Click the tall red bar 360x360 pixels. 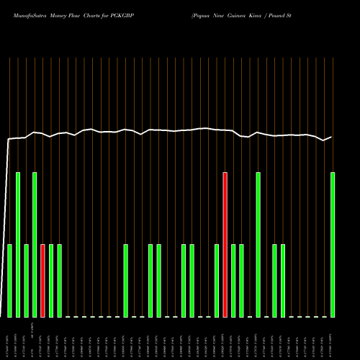[225, 245]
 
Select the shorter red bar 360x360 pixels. [42, 281]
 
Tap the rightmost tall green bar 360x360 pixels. [333, 245]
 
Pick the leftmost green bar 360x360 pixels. [9, 281]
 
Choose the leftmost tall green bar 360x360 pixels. [18, 245]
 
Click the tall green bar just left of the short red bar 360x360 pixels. [35, 245]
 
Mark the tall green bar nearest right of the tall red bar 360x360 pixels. [258, 245]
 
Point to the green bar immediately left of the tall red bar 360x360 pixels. [217, 281]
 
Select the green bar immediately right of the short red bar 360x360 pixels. [51, 281]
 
